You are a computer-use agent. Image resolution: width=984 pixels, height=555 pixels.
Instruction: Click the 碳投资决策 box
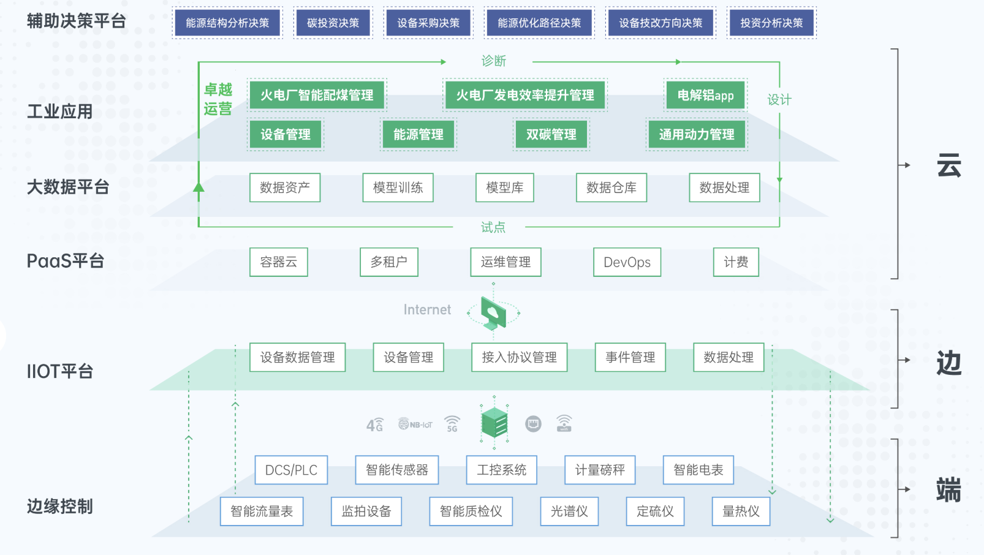333,23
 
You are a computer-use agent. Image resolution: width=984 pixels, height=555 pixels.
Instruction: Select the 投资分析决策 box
771,23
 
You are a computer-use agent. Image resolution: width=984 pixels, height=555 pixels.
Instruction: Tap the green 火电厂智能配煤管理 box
317,95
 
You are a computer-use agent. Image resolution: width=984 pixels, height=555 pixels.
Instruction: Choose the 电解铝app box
705,95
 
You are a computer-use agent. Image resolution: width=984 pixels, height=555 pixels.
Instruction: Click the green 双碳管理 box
551,134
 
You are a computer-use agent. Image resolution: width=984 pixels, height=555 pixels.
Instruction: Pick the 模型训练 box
398,187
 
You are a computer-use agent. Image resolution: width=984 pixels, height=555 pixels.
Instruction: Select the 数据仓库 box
611,187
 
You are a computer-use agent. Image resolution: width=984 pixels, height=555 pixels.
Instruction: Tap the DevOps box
627,262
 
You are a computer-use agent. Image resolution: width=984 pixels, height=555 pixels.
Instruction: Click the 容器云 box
278,262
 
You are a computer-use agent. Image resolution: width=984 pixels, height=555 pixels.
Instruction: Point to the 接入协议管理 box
519,357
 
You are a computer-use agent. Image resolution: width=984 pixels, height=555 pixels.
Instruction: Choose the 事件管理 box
630,357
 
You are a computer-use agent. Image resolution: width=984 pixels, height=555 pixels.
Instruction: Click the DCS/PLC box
291,470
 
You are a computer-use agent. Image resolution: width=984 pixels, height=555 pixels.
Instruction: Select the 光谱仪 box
569,511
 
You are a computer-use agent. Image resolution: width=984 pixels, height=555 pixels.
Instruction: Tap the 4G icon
374,425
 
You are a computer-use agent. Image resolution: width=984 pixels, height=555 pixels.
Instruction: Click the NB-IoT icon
415,424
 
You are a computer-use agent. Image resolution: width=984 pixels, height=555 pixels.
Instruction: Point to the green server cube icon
494,423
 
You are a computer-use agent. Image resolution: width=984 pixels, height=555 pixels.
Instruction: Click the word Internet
427,310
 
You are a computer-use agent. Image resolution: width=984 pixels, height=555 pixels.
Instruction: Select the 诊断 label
493,61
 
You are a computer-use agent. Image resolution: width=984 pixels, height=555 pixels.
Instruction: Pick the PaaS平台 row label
66,261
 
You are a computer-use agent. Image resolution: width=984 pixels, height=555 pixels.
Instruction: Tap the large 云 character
948,166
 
